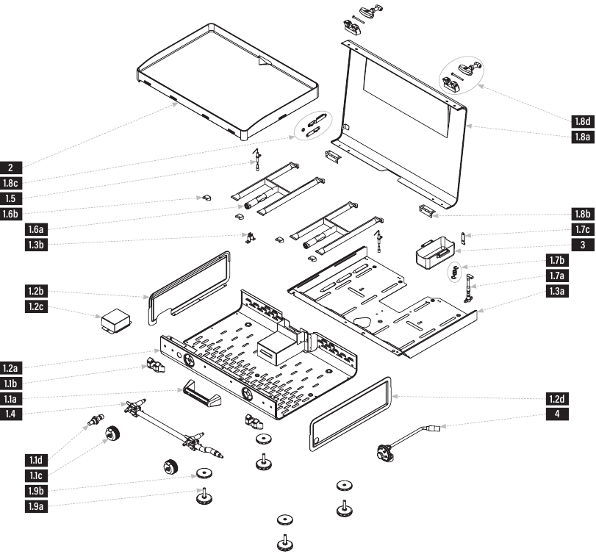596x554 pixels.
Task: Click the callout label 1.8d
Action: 582,121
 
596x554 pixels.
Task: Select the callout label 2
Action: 10,168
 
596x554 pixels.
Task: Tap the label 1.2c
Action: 36,306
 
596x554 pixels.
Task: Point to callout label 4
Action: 557,414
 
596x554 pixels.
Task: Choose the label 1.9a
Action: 36,506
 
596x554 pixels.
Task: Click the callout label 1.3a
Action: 557,291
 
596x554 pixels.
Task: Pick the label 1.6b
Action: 10,214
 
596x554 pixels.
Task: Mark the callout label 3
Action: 582,245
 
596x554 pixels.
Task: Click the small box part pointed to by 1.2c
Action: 116,320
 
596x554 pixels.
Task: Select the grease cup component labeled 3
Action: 435,252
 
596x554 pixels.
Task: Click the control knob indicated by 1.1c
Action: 112,434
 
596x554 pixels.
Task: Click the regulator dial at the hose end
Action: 384,453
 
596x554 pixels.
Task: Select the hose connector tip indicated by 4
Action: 434,429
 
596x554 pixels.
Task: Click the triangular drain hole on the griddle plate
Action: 264,62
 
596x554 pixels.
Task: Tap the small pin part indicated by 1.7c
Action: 463,237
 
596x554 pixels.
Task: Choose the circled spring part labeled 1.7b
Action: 455,273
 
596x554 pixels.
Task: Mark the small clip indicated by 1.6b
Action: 207,198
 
